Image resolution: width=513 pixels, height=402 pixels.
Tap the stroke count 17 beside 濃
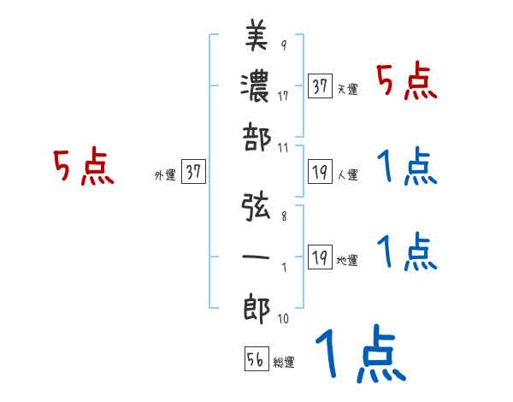tap(283, 96)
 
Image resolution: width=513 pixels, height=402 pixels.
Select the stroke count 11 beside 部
tap(283, 147)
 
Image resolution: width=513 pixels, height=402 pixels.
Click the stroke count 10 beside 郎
tap(283, 319)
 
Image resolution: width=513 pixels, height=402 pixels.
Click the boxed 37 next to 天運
tap(321, 86)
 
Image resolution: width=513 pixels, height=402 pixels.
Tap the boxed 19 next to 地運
tap(321, 257)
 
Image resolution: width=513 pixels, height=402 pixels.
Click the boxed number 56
tap(255, 359)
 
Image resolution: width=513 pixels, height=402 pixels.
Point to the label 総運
tap(284, 363)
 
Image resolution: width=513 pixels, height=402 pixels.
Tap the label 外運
tap(164, 174)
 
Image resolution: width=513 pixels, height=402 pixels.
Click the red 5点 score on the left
tap(84, 167)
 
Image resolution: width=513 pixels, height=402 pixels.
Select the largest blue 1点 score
tap(358, 355)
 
